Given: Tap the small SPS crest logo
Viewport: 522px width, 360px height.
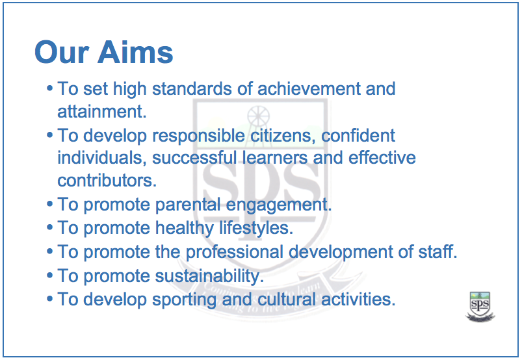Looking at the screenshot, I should [480, 305].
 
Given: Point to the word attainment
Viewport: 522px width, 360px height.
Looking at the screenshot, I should [101, 111].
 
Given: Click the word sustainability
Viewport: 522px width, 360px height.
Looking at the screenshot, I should [209, 276].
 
